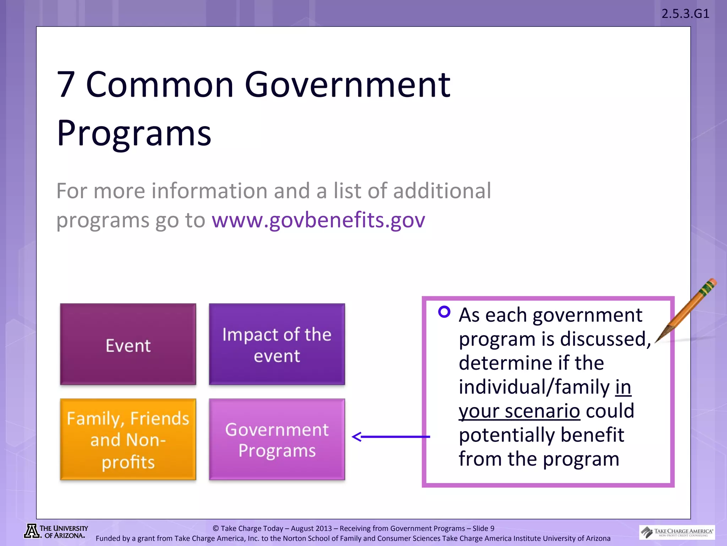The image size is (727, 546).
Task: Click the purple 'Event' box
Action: coord(128,344)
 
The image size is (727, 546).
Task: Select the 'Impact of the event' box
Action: coord(277,344)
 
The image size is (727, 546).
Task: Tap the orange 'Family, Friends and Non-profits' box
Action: coord(128,439)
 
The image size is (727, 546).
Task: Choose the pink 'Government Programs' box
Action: coord(277,439)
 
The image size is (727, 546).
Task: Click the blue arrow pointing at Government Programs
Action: coord(390,437)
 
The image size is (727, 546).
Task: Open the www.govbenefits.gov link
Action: coord(318,220)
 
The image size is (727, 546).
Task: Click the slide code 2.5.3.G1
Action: coord(685,14)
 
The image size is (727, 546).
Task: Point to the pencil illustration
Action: coord(687,309)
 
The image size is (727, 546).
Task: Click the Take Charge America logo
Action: coord(677,532)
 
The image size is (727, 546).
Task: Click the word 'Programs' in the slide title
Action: coord(134,133)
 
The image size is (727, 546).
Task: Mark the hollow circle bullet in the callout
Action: coord(444,312)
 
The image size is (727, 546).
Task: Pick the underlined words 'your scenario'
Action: coord(519,411)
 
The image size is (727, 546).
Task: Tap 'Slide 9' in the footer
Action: coord(483,528)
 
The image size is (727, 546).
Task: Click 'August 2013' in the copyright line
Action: coord(311,528)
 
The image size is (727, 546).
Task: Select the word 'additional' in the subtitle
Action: coord(442,191)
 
